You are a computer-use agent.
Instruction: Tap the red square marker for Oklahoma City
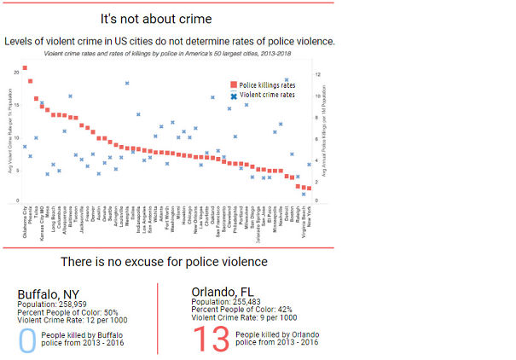click(x=25, y=68)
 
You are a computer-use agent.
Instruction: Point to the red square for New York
click(x=309, y=189)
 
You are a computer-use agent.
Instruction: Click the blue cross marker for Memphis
click(x=127, y=84)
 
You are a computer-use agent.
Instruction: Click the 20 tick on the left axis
click(x=15, y=73)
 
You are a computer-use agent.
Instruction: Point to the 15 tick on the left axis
click(x=15, y=105)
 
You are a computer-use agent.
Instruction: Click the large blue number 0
click(x=28, y=338)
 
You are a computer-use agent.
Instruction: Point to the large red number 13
click(x=211, y=339)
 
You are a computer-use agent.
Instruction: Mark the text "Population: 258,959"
click(x=54, y=305)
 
